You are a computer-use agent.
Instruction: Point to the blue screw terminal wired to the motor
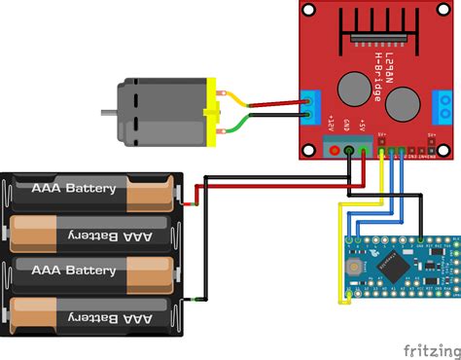tap(311, 105)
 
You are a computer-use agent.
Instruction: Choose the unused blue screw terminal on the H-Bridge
tap(444, 103)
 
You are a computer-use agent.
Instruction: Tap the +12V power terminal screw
tap(335, 151)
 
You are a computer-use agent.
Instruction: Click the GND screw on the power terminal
tap(349, 151)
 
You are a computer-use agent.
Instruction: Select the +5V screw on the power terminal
tap(363, 151)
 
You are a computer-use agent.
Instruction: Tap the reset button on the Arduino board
tap(356, 265)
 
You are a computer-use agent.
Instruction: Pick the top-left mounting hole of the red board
tap(308, 11)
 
